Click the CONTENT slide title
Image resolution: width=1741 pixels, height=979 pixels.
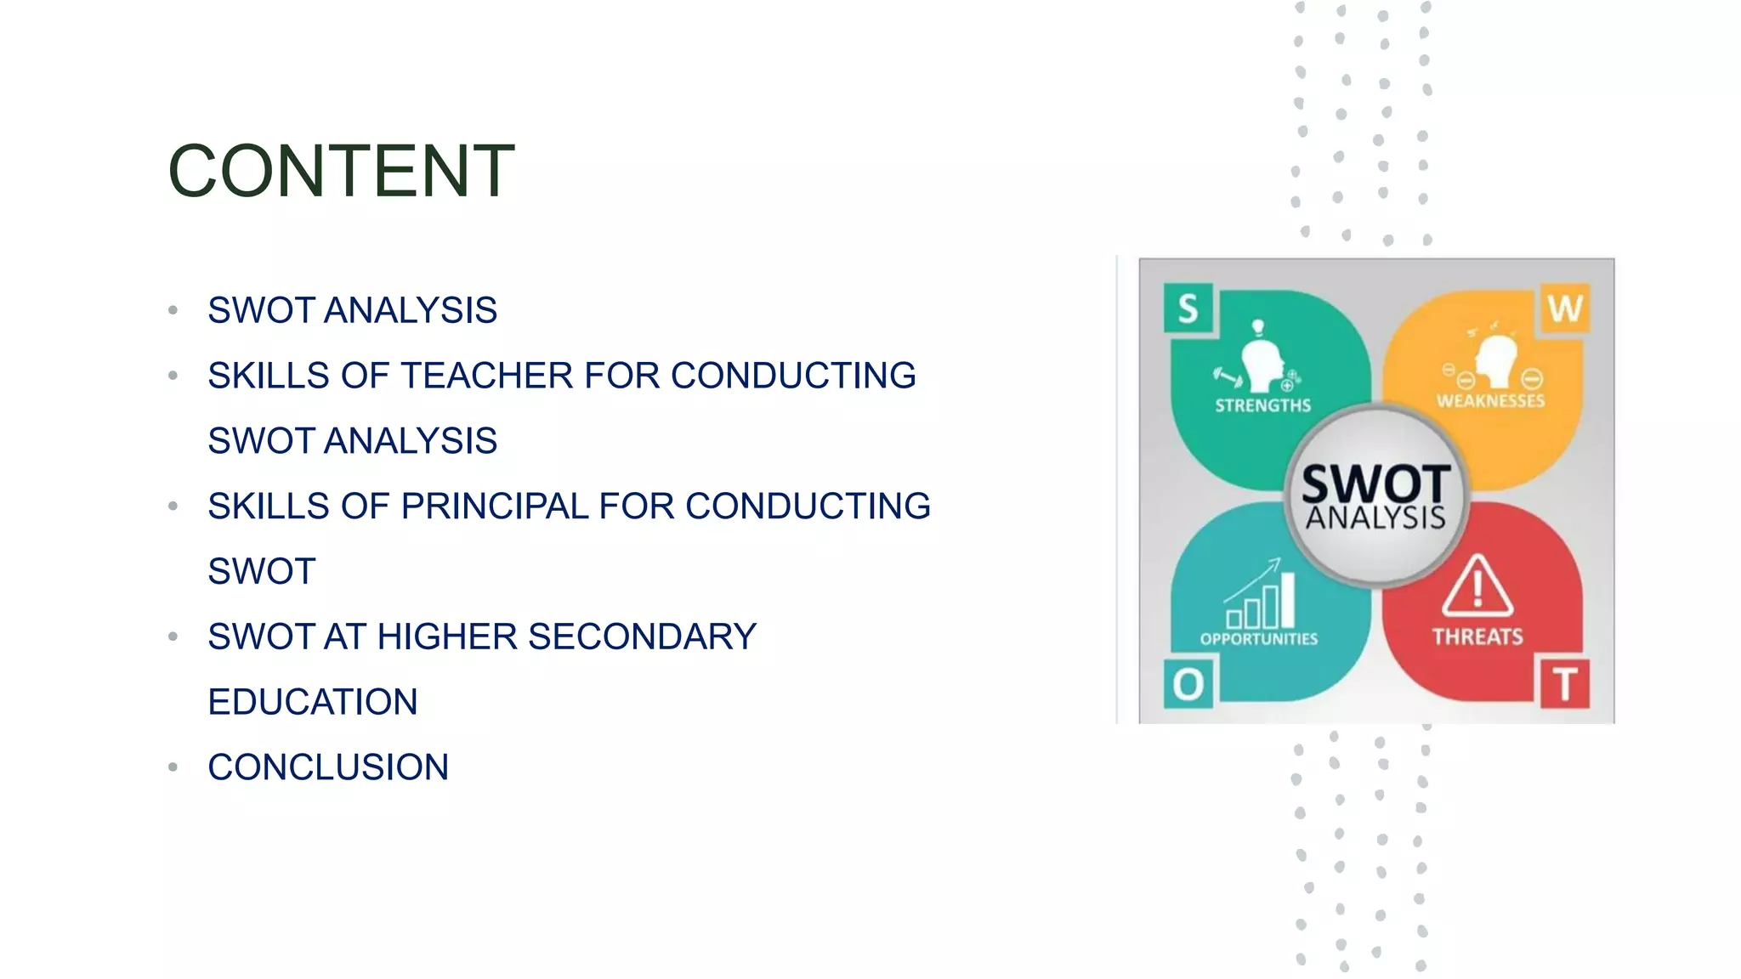[x=341, y=172]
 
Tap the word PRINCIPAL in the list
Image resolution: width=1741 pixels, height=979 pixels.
[x=494, y=506]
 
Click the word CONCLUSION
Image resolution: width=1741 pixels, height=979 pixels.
[x=328, y=767]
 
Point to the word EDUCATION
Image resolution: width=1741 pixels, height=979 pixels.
[x=313, y=702]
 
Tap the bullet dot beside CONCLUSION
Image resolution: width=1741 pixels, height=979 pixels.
[x=173, y=767]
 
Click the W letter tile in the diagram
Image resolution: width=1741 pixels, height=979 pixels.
[x=1564, y=308]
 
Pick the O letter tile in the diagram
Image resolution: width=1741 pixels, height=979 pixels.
[x=1188, y=684]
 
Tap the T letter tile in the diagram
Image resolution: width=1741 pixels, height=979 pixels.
[x=1565, y=684]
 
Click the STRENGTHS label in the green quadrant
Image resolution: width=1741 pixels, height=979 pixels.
[x=1262, y=406]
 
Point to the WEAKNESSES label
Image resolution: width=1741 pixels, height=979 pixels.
[x=1490, y=401]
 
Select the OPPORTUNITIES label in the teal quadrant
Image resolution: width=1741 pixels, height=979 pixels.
[x=1259, y=639]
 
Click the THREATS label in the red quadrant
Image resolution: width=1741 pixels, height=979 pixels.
[x=1477, y=637]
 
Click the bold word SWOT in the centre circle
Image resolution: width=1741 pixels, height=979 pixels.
[x=1376, y=484]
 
